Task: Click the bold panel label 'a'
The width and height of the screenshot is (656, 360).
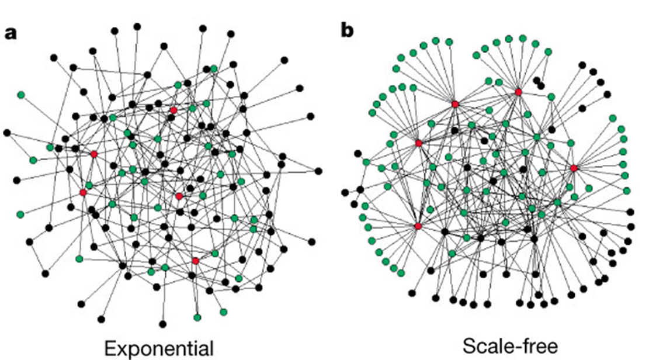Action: [11, 33]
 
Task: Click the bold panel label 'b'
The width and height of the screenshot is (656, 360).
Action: [347, 30]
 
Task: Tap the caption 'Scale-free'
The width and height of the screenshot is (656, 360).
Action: [511, 345]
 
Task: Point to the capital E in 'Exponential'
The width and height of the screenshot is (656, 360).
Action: [109, 348]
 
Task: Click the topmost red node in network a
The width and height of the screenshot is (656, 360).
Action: [173, 110]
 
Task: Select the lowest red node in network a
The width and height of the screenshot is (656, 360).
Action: [195, 261]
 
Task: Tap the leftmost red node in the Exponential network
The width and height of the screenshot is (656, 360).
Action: [83, 192]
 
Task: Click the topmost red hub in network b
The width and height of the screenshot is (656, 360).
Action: [518, 92]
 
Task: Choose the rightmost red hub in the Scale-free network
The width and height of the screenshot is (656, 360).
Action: [574, 168]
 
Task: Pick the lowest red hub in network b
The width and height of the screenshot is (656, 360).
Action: [418, 226]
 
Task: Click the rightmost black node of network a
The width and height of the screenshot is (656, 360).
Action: [318, 171]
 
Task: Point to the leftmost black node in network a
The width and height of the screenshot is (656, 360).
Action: [6, 133]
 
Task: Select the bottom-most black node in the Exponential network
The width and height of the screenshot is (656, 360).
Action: [163, 324]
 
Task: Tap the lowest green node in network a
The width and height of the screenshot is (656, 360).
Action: [197, 317]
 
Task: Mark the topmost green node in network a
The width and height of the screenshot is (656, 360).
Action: [214, 69]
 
